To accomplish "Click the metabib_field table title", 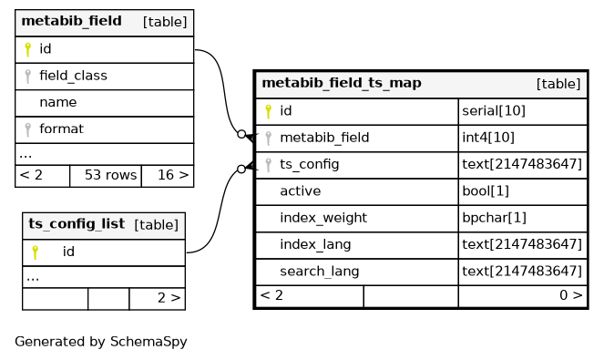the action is (x=72, y=21).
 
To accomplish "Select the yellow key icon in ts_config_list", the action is (x=35, y=252).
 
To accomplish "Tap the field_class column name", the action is (x=73, y=76).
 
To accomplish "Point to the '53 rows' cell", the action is (x=106, y=176).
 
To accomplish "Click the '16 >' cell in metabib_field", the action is (x=168, y=176).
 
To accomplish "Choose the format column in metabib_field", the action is (x=61, y=129).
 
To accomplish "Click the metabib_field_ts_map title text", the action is (x=342, y=83).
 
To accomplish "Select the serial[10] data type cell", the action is (x=523, y=111).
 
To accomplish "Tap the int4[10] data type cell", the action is (x=523, y=138).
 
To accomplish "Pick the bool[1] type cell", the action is (x=523, y=191).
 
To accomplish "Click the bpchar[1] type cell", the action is (x=523, y=218).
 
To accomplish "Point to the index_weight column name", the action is (x=323, y=218).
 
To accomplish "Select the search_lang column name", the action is (x=320, y=272).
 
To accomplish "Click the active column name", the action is (x=301, y=191).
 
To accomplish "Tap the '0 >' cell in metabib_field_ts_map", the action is (x=523, y=296).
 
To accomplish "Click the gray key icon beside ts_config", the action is (x=269, y=165).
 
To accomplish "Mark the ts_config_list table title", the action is (x=77, y=224).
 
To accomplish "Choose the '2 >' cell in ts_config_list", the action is (x=158, y=298).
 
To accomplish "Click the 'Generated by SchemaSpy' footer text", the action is (x=101, y=342).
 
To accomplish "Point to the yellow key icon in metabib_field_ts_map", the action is (x=269, y=112).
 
